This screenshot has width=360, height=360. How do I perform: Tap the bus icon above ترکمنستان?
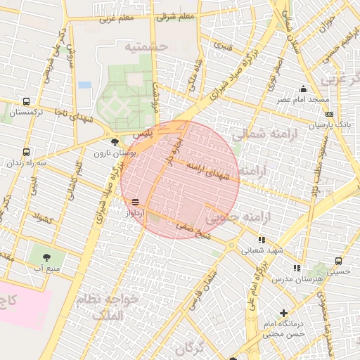[27, 102]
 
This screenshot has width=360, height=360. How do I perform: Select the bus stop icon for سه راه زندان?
[27, 152]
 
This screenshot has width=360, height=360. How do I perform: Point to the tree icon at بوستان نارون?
[115, 142]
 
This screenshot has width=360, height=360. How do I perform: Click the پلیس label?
[142, 133]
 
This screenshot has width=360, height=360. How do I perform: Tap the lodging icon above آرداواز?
[134, 202]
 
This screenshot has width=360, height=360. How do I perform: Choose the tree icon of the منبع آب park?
[47, 257]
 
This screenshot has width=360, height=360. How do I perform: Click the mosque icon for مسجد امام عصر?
[303, 89]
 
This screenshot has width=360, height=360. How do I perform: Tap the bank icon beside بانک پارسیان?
[330, 115]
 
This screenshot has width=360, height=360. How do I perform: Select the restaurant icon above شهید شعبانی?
[262, 240]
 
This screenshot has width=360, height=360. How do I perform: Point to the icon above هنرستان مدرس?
[297, 268]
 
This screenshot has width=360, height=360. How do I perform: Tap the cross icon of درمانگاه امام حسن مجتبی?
[284, 313]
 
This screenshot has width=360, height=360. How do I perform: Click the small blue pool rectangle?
[85, 84]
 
